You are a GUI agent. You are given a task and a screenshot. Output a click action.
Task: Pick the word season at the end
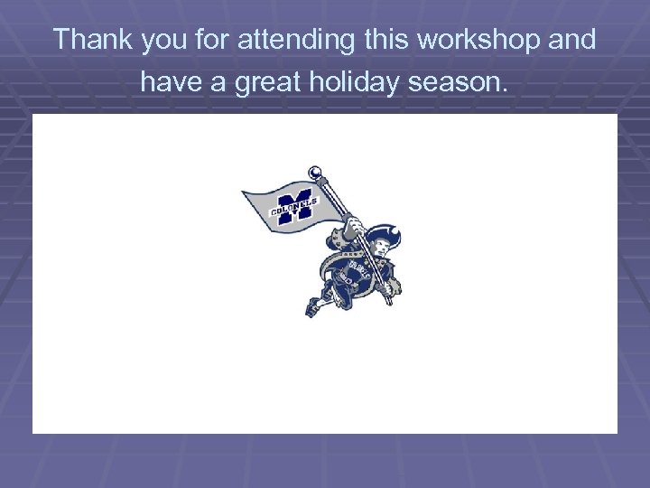click(x=466, y=85)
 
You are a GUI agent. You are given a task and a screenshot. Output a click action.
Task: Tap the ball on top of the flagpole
click(x=315, y=170)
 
